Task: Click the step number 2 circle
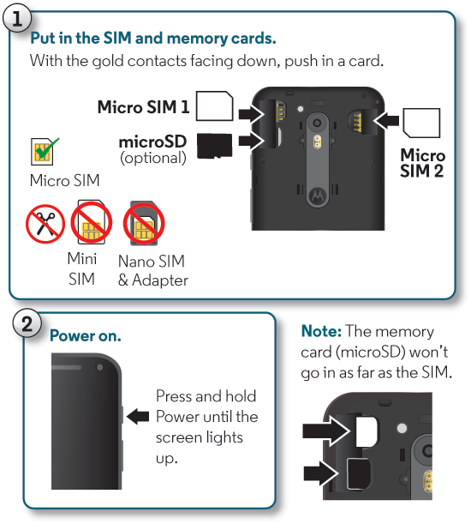(x=28, y=325)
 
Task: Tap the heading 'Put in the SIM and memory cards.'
(x=153, y=39)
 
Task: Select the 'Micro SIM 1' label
(x=143, y=107)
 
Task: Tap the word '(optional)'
(x=153, y=158)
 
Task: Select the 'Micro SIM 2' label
(x=423, y=163)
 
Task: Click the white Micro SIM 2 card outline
(x=422, y=123)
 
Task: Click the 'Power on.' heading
(x=86, y=336)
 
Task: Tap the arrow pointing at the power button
(x=137, y=417)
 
